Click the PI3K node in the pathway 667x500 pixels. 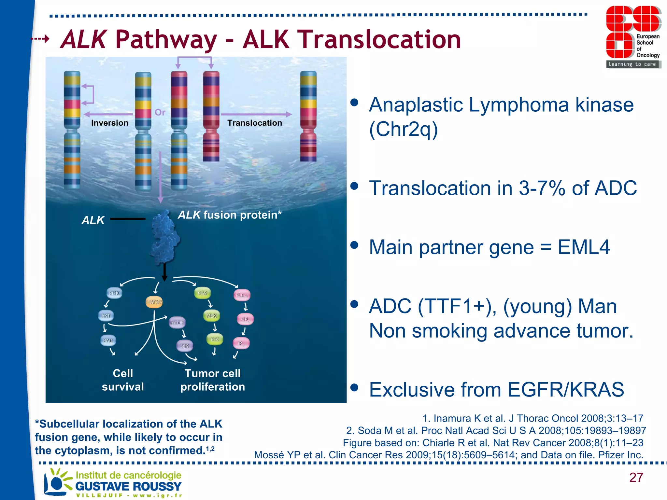pyautogui.click(x=114, y=293)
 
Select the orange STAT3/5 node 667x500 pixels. pyautogui.click(x=154, y=302)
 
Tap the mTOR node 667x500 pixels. pyautogui.click(x=177, y=323)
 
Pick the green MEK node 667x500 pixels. pyautogui.click(x=211, y=315)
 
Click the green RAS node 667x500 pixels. pyautogui.click(x=202, y=293)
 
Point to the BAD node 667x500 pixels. pyautogui.click(x=108, y=340)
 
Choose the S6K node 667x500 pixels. pyautogui.click(x=184, y=346)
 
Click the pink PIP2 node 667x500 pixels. pyautogui.click(x=245, y=319)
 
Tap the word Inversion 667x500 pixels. pyautogui.click(x=109, y=123)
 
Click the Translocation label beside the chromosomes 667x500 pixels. pyautogui.click(x=254, y=123)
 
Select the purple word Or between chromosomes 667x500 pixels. pyautogui.click(x=160, y=112)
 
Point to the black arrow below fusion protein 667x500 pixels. pyautogui.click(x=164, y=272)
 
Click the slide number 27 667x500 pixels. pyautogui.click(x=636, y=477)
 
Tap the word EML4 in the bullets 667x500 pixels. pyautogui.click(x=584, y=247)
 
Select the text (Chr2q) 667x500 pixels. pyautogui.click(x=403, y=129)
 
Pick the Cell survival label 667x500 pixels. pyautogui.click(x=122, y=380)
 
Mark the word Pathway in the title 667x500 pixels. pyautogui.click(x=166, y=40)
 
